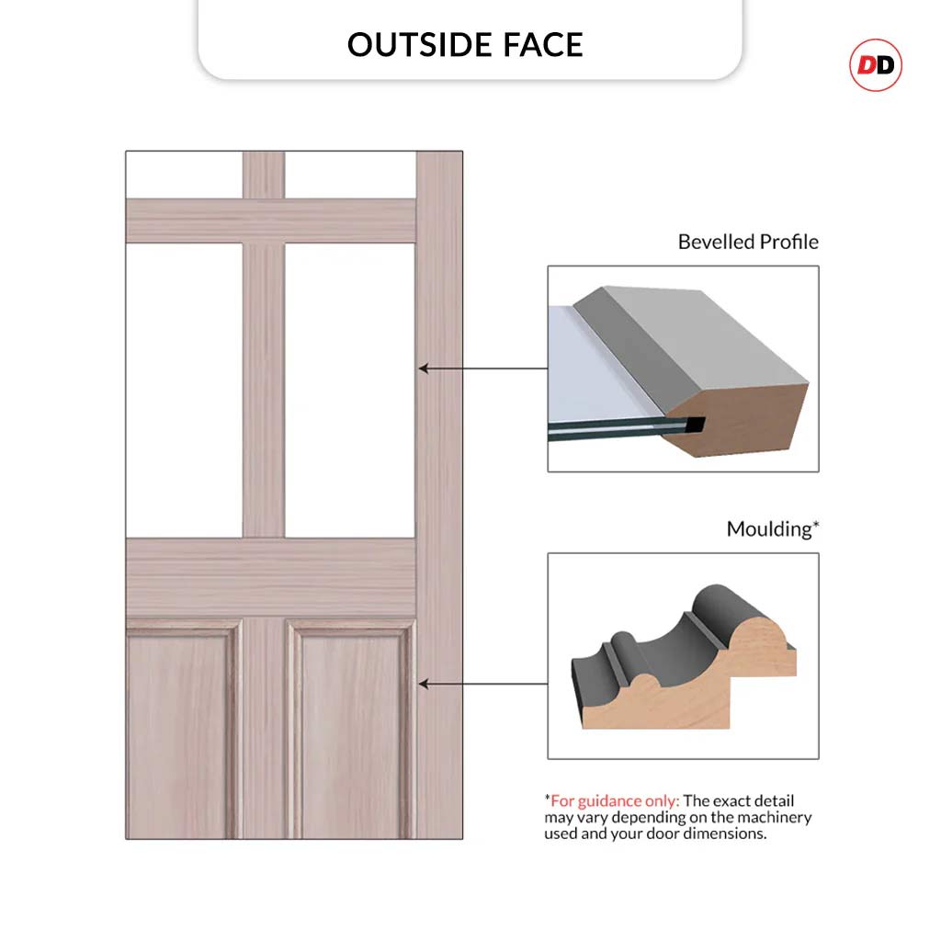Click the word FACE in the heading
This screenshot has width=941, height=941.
click(543, 45)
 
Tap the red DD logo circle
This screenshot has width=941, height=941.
click(876, 65)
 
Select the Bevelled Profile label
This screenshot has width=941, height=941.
click(748, 242)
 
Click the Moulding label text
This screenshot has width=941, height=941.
click(772, 528)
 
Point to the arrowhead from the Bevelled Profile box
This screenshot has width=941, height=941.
click(423, 368)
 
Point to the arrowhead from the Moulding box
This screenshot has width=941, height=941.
click(423, 684)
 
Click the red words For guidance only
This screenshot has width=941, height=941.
click(615, 800)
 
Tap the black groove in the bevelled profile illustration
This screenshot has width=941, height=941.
click(695, 425)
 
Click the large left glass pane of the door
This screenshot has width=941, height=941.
click(184, 390)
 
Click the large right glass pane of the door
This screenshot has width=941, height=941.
click(350, 390)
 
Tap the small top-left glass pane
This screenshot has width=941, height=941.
click(184, 175)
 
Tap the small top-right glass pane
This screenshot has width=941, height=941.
click(350, 175)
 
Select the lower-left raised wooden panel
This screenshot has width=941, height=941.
click(184, 729)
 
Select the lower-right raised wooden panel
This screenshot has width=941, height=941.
click(351, 729)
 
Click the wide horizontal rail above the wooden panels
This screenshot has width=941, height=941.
click(271, 578)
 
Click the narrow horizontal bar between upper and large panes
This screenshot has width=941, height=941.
click(271, 221)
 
